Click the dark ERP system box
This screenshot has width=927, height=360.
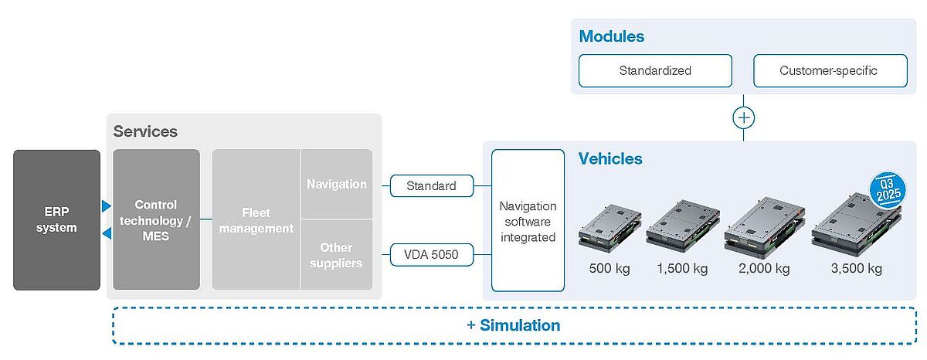[56, 219]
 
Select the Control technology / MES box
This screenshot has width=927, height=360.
[156, 219]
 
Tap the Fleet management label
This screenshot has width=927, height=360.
[256, 219]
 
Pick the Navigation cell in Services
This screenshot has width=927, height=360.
[336, 184]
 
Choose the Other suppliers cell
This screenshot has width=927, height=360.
[336, 255]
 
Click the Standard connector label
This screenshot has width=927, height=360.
[430, 185]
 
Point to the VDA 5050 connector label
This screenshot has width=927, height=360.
[430, 253]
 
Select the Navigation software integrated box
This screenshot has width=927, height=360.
[528, 220]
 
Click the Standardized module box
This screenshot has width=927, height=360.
[655, 70]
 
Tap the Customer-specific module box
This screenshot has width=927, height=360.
[828, 70]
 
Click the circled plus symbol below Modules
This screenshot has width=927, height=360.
[744, 118]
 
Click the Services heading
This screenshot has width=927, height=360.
[145, 131]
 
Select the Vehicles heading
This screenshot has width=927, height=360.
[610, 158]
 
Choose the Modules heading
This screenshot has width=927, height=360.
[612, 36]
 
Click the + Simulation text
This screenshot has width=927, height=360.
[514, 325]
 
